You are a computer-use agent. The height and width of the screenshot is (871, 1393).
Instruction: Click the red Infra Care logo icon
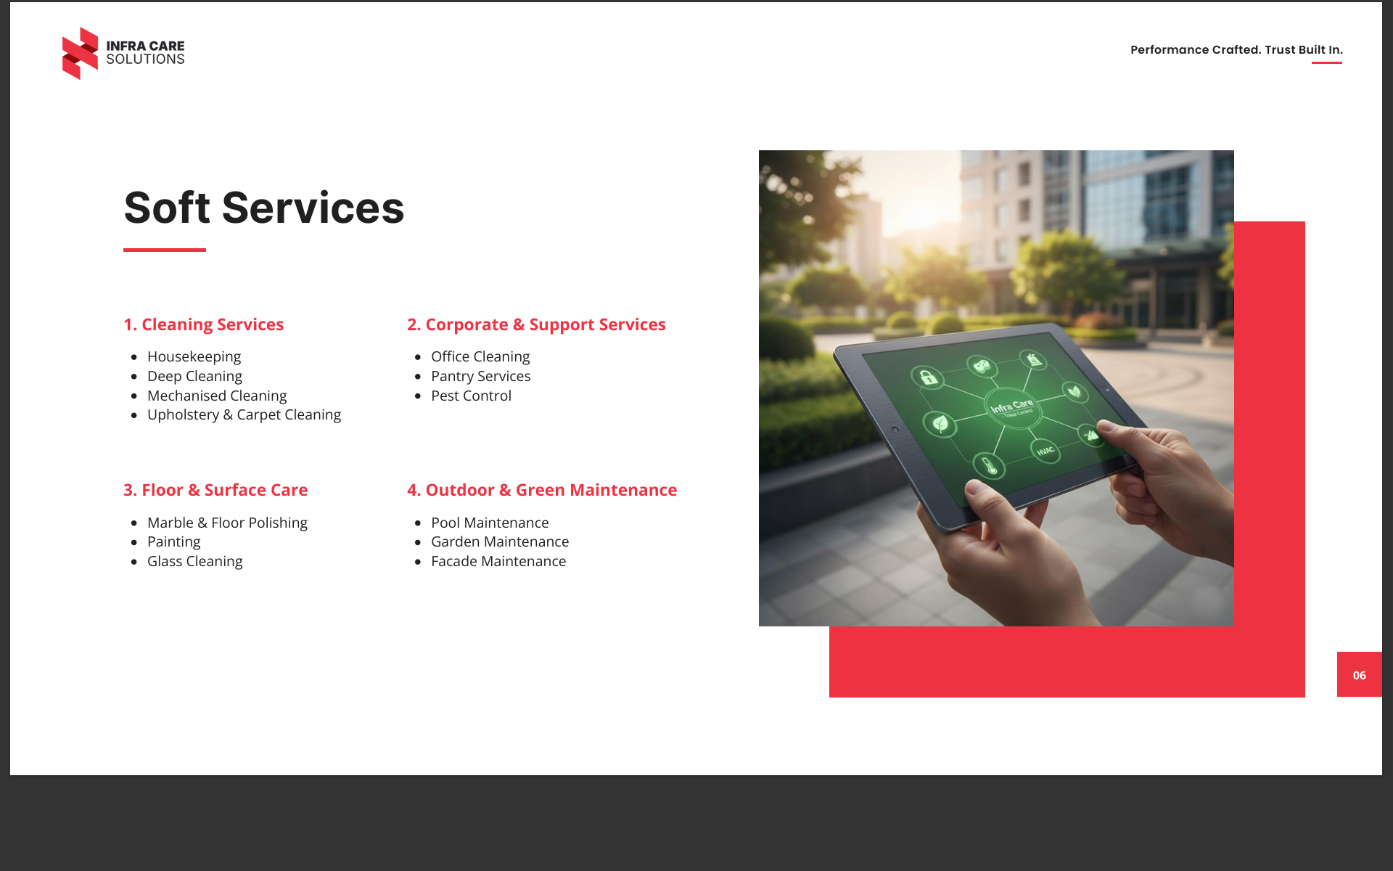pos(80,53)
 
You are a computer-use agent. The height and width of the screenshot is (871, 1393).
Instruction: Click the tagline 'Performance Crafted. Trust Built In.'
pos(1236,49)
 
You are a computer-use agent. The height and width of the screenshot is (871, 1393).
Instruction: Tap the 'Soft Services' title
pos(264,208)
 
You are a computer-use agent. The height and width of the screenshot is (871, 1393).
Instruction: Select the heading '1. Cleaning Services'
pos(203,324)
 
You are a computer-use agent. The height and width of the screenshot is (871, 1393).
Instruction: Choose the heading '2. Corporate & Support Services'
pos(536,324)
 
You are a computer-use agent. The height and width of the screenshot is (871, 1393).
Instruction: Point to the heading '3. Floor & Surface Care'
pos(215,490)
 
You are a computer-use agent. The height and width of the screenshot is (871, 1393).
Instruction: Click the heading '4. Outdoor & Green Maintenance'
pos(542,490)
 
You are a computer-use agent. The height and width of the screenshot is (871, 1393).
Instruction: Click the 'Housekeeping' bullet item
pos(194,356)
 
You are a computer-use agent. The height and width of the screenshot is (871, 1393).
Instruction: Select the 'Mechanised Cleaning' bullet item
pos(217,396)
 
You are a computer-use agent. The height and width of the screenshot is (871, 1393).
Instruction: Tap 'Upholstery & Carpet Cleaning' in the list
pos(244,414)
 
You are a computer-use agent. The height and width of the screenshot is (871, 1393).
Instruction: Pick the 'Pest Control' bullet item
pos(471,396)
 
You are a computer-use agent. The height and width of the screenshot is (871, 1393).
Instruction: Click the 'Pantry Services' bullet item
pos(480,376)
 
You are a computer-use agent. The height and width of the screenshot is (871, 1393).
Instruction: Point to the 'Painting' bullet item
pos(173,541)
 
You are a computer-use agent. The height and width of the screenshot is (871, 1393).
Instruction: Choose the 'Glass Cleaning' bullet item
pos(194,561)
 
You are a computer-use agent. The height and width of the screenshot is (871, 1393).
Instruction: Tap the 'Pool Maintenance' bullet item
pos(490,523)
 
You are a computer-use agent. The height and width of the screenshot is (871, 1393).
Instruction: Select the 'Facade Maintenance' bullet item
pos(498,561)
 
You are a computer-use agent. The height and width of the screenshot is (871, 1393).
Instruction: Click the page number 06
pos(1359,675)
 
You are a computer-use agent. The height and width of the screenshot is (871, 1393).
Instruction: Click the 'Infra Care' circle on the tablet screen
pos(1013,408)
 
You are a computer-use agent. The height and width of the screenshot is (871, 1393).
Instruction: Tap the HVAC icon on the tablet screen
pos(1045,451)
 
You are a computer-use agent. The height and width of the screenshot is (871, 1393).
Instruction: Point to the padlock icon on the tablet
pos(928,377)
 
